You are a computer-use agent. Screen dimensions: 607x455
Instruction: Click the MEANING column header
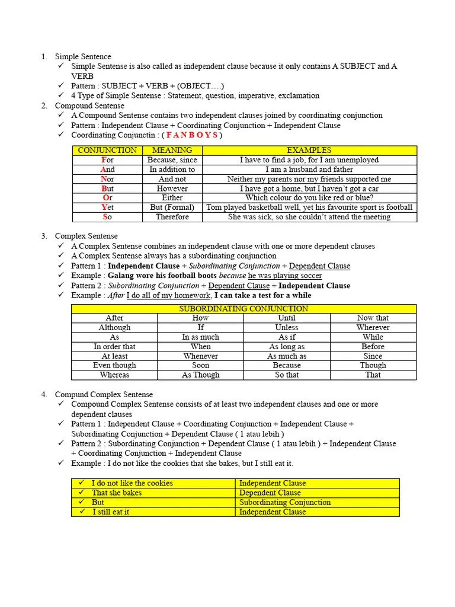tap(172, 151)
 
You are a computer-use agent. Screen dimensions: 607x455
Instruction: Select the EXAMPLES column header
tap(309, 151)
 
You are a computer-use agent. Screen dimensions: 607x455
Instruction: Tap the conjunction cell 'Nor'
tap(107, 179)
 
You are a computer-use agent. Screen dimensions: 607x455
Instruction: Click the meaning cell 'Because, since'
tap(172, 160)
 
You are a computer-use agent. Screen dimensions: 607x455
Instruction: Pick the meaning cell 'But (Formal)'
tap(172, 207)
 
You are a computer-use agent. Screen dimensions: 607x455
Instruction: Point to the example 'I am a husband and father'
tap(309, 170)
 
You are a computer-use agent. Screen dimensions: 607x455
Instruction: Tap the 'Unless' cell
tap(287, 327)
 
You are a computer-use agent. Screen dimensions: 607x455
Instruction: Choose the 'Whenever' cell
tap(200, 356)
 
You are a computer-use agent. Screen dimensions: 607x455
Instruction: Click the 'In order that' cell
tap(114, 347)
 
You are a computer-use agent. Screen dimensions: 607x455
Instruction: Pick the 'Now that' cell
tap(373, 318)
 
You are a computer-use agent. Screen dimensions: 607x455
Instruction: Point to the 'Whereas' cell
tap(114, 375)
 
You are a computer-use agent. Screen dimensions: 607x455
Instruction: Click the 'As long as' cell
tap(287, 347)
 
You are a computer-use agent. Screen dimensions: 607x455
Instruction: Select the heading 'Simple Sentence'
tap(83, 57)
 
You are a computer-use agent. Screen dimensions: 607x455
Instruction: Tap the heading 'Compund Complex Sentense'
tap(104, 395)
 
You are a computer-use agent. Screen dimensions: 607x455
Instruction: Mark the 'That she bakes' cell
tap(117, 493)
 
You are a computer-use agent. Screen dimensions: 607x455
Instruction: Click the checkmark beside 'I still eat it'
tap(83, 512)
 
